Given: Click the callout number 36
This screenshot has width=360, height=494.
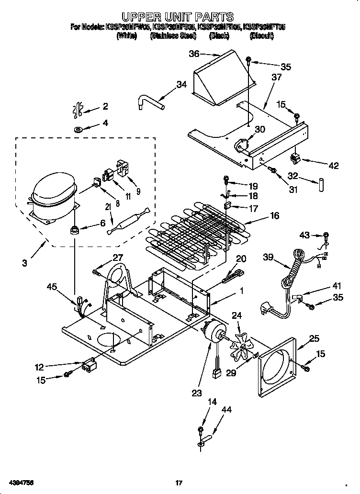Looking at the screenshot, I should tap(194, 54).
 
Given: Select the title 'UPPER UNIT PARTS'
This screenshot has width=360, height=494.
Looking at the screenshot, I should tap(178, 18).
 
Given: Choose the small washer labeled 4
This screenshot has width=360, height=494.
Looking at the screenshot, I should tap(78, 129).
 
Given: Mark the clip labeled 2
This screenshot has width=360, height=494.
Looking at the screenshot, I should tap(77, 110).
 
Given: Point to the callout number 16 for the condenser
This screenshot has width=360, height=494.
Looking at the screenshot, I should tap(274, 215).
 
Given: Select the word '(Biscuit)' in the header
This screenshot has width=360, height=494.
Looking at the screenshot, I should tap(261, 35).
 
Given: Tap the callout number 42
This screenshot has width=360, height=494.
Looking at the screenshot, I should tap(334, 166).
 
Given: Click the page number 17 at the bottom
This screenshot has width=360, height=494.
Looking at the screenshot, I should tap(178, 483).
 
